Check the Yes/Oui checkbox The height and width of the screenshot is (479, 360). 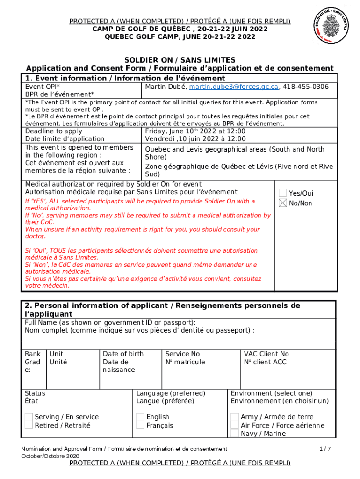283,193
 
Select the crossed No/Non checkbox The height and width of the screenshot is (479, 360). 283,203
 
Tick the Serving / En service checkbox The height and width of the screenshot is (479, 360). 29,417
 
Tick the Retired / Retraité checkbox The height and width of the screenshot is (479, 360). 29,425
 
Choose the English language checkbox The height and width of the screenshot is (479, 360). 140,417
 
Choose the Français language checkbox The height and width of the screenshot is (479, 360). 140,425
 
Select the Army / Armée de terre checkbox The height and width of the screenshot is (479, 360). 235,417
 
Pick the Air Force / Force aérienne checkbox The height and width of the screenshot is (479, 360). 235,425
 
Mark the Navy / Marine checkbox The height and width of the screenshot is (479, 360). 235,434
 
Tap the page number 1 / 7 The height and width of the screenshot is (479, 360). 325,449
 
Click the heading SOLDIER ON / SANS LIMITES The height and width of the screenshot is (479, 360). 180,60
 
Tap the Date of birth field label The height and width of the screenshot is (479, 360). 123,354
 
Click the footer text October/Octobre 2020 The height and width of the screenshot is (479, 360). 50,456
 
